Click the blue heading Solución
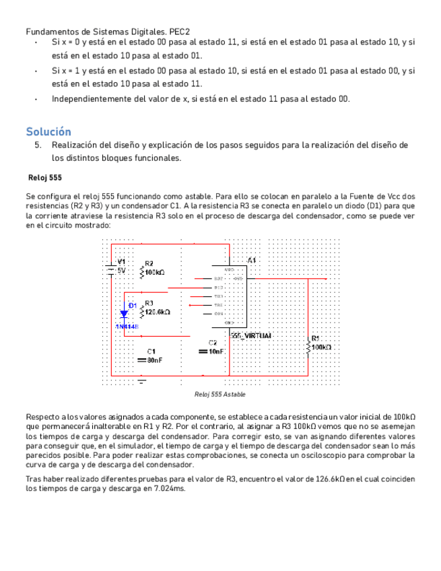(48, 131)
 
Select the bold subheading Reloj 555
(45, 178)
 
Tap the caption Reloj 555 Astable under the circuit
(219, 394)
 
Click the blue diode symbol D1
(124, 313)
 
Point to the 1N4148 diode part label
(127, 327)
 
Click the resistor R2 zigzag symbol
(141, 272)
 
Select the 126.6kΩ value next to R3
(158, 312)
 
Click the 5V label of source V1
(121, 270)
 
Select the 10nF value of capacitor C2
(217, 351)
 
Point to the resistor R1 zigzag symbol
(308, 347)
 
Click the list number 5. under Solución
(38, 145)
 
